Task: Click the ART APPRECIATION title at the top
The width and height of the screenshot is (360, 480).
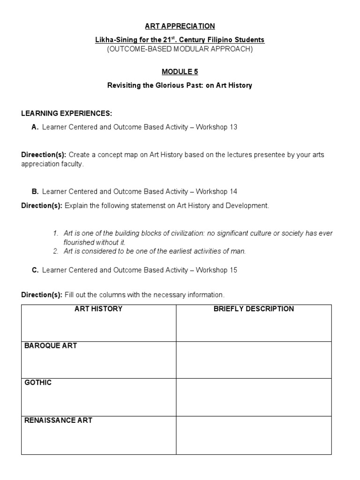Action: pyautogui.click(x=180, y=26)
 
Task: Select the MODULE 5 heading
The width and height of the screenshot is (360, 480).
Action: pyautogui.click(x=180, y=72)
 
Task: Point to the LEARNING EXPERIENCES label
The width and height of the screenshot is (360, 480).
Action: pyautogui.click(x=67, y=113)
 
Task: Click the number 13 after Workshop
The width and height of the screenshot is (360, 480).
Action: pyautogui.click(x=233, y=127)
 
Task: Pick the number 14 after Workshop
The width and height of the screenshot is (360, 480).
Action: pyautogui.click(x=233, y=191)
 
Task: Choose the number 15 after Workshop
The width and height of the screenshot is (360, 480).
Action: pyautogui.click(x=233, y=270)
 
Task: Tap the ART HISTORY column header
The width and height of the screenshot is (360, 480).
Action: pyautogui.click(x=98, y=309)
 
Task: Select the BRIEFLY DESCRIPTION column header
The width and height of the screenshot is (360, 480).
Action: pyautogui.click(x=254, y=309)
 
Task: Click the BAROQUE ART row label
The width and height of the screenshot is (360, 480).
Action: pyautogui.click(x=51, y=346)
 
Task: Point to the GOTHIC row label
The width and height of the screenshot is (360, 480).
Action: pyautogui.click(x=38, y=383)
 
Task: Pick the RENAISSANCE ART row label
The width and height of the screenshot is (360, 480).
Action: pyautogui.click(x=58, y=420)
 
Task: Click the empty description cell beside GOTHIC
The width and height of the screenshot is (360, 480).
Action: pyautogui.click(x=254, y=397)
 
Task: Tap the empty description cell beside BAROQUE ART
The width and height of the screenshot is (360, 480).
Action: pyautogui.click(x=254, y=360)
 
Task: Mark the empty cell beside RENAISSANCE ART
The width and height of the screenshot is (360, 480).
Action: pyautogui.click(x=254, y=435)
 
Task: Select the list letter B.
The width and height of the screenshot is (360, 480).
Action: pyautogui.click(x=35, y=191)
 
